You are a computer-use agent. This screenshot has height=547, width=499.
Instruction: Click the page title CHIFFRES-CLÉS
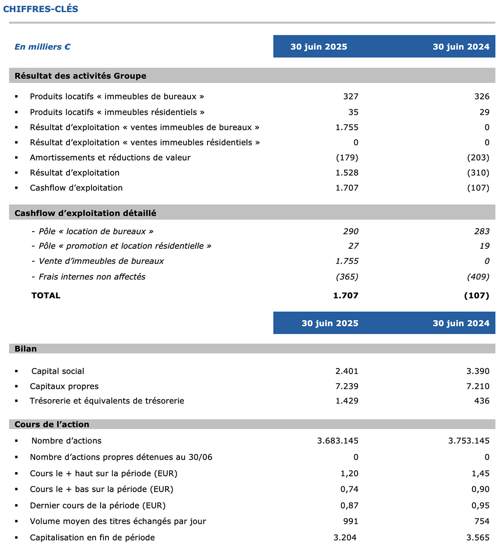(x=41, y=9)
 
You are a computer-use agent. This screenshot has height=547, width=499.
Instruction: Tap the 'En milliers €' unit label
(x=42, y=47)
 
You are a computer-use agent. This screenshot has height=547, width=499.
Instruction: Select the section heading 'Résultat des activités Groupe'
(x=80, y=76)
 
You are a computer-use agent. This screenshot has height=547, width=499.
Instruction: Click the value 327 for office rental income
(x=351, y=97)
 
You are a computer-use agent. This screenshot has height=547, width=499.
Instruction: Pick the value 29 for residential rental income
(x=484, y=112)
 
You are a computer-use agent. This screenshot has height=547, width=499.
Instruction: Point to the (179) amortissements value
(x=347, y=158)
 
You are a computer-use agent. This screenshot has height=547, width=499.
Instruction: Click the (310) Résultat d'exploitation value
(x=478, y=173)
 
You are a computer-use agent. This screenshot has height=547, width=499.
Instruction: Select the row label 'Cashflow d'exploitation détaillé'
(x=85, y=213)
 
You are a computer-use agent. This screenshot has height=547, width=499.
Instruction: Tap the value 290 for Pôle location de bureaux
(x=351, y=231)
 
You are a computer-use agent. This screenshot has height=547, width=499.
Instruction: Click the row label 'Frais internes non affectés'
(x=92, y=277)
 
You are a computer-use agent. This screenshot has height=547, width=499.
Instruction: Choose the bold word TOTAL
(x=46, y=295)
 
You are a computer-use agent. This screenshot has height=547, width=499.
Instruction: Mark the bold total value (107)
(x=477, y=295)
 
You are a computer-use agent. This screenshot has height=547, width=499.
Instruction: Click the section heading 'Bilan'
(x=25, y=349)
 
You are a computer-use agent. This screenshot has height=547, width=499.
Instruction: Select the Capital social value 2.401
(x=347, y=371)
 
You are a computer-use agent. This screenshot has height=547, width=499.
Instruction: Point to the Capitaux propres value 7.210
(x=478, y=386)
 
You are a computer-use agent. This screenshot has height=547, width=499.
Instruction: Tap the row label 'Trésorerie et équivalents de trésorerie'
(x=107, y=401)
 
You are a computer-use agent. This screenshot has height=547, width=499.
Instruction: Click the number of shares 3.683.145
(x=338, y=441)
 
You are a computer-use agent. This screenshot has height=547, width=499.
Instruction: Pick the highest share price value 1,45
(x=480, y=473)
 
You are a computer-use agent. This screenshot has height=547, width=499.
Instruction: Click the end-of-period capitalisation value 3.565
(x=478, y=537)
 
